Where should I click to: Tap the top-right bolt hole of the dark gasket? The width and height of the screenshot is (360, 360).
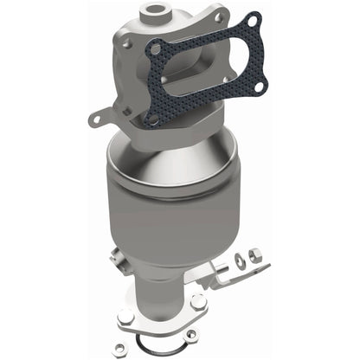coord(251,21)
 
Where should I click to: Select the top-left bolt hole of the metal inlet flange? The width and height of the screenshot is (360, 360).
coord(128,41)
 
